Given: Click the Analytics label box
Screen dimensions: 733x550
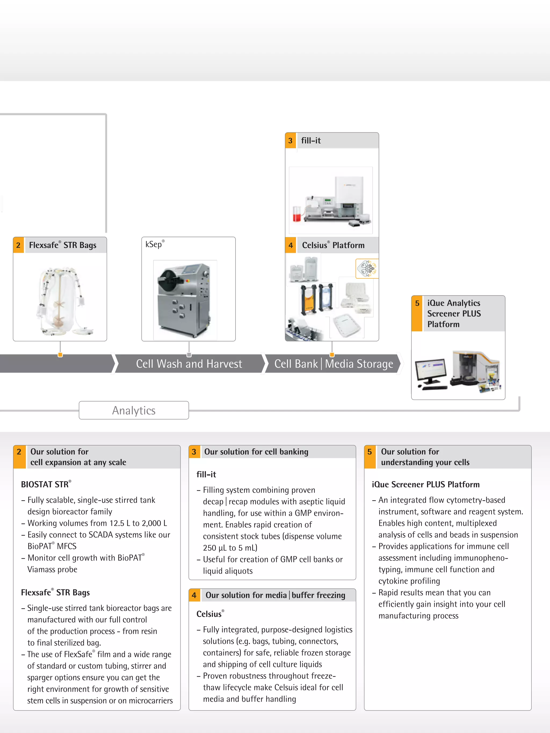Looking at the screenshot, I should click(133, 411).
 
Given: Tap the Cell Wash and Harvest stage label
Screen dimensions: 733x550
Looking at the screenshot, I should click(189, 364).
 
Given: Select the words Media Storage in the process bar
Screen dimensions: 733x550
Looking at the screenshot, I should click(359, 364).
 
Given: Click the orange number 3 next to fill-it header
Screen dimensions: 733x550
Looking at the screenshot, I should click(290, 140).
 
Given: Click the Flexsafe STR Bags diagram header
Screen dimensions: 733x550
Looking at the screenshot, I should click(63, 245).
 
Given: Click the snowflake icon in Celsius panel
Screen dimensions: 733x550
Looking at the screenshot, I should click(367, 268).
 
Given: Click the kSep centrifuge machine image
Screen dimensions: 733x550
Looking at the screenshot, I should click(185, 300).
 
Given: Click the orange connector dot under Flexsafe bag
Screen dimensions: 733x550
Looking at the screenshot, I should click(60, 355).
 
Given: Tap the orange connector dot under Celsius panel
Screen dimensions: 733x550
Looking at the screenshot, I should click(332, 355).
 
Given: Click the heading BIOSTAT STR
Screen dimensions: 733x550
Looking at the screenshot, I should click(45, 484).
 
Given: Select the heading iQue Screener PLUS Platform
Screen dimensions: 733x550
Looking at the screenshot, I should click(426, 484).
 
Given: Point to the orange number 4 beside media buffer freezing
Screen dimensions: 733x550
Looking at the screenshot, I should click(194, 595).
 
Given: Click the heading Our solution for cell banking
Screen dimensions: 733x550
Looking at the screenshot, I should click(256, 452).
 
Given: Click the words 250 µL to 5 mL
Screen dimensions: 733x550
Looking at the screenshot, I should click(230, 548).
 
